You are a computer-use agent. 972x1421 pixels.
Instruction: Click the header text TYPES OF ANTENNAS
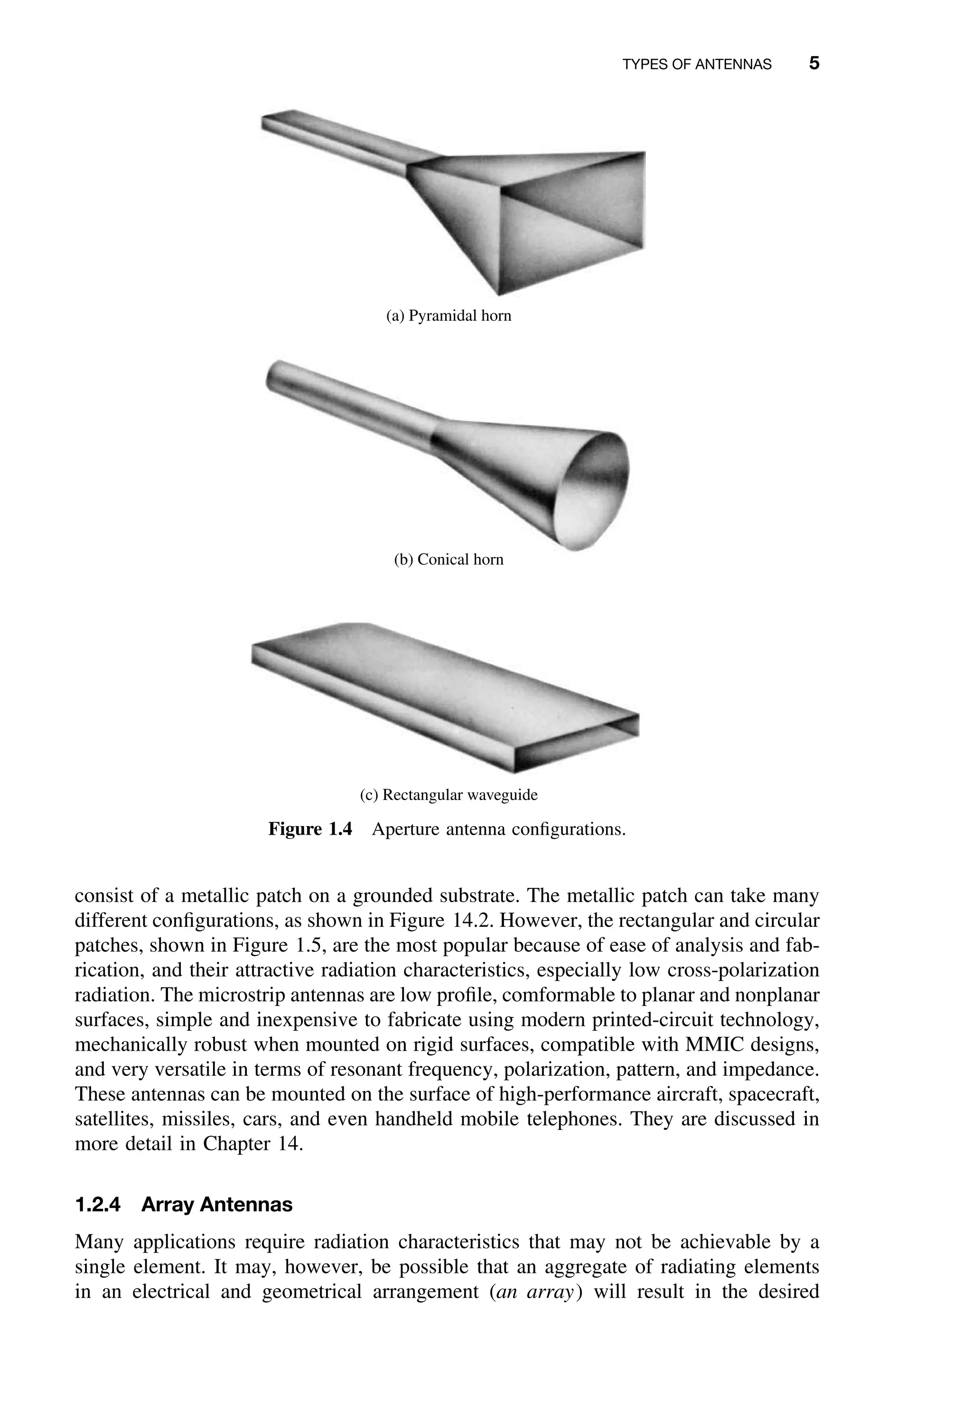click(696, 64)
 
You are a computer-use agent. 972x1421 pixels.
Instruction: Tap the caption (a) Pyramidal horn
click(449, 316)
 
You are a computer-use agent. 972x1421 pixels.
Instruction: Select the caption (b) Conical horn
click(449, 559)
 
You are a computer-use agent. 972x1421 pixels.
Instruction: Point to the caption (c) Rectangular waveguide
click(449, 795)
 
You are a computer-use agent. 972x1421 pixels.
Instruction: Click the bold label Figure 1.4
click(310, 830)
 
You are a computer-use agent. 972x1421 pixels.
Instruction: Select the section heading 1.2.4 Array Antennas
click(183, 1205)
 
